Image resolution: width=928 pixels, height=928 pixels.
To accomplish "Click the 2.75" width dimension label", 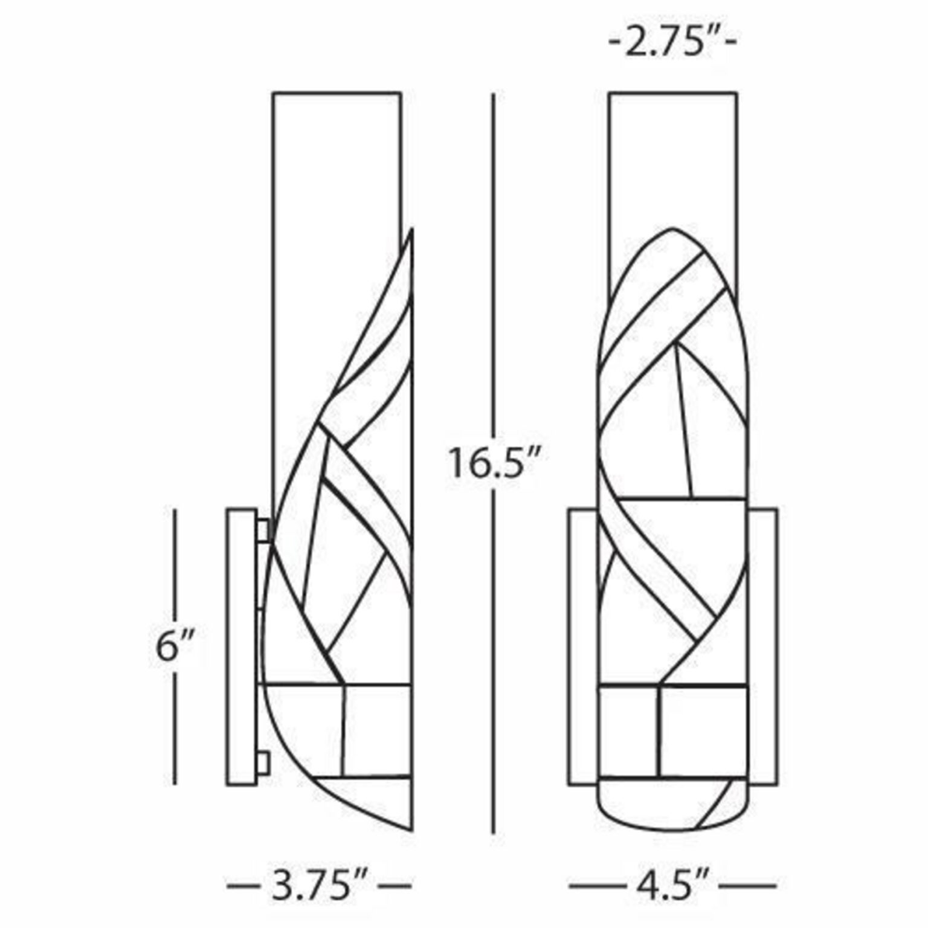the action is tap(673, 45).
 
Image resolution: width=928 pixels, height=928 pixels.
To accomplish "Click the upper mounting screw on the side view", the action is tap(263, 530).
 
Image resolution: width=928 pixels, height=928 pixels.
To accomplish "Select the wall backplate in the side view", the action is tap(241, 647).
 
